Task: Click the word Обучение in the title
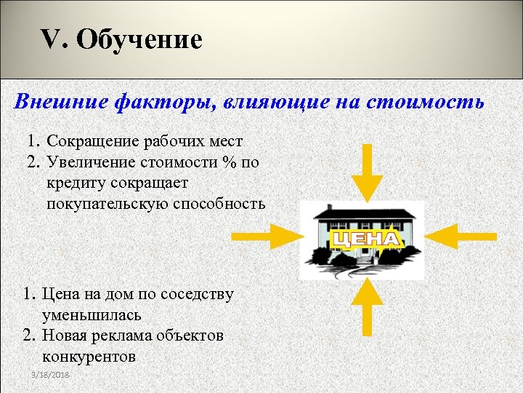tap(139, 39)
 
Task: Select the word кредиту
tap(76, 182)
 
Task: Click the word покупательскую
tap(108, 203)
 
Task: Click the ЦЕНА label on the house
tap(365, 239)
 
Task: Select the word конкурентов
tap(89, 357)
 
